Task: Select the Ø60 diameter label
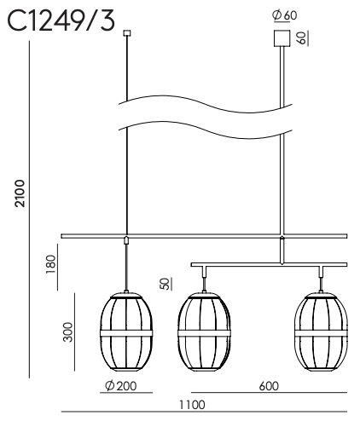tap(285, 15)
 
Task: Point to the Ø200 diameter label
tap(121, 386)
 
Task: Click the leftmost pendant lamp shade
tap(126, 332)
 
